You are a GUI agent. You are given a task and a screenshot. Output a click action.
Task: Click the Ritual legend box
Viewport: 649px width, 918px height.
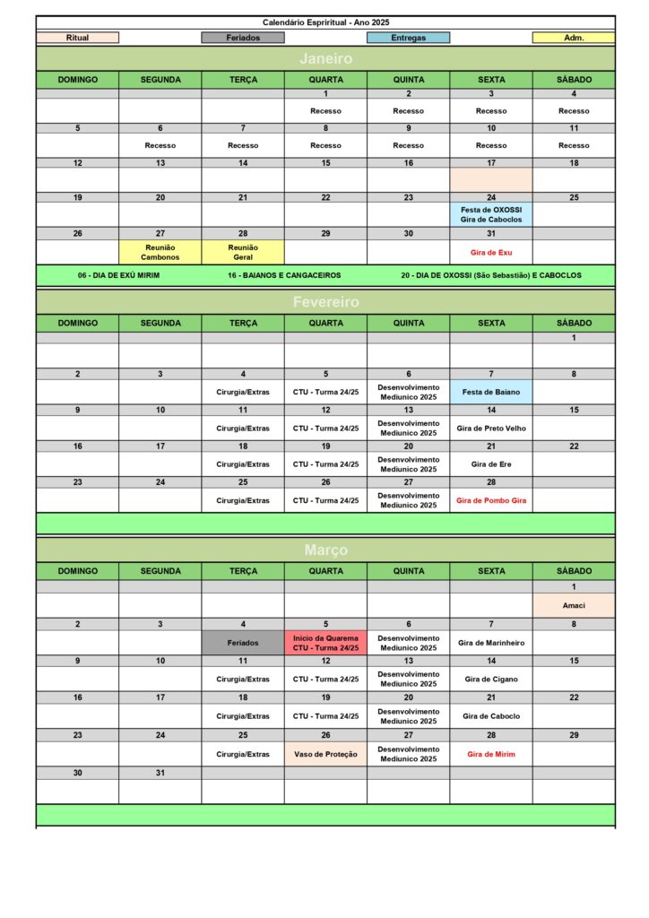77,38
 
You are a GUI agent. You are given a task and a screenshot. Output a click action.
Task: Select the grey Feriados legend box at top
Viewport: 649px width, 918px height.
243,38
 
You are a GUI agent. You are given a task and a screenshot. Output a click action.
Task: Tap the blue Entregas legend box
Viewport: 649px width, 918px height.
408,38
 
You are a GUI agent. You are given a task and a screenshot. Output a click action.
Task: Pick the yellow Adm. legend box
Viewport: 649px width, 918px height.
574,38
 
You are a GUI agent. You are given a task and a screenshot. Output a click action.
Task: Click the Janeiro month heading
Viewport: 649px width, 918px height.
325,59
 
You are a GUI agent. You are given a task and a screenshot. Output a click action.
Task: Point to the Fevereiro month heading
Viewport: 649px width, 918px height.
325,302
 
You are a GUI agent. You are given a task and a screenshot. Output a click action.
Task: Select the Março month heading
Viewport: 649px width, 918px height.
325,550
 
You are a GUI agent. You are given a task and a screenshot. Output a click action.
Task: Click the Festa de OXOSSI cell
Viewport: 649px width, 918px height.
491,214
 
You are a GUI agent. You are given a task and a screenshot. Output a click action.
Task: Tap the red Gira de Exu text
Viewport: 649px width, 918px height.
491,252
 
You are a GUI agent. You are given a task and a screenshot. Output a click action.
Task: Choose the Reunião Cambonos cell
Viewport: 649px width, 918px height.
160,252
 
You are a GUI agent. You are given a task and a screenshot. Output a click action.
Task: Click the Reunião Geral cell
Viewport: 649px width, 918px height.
243,252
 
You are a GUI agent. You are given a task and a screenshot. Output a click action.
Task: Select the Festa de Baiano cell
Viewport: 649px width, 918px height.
491,392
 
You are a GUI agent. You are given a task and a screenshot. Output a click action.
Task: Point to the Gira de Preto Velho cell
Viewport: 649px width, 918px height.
491,428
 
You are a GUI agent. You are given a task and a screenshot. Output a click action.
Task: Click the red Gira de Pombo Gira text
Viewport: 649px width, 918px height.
491,500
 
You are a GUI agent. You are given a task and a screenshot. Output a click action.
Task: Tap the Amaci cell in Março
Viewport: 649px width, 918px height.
574,605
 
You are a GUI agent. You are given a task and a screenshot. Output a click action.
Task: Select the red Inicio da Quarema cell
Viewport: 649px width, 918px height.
325,642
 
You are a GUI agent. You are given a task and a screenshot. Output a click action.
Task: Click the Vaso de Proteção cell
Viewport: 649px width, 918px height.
325,754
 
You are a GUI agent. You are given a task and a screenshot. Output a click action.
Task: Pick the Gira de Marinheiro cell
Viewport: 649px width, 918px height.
491,642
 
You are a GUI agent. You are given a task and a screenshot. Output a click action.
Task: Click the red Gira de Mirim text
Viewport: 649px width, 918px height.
491,754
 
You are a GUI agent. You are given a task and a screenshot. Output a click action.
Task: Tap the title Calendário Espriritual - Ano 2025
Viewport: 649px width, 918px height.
325,22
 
